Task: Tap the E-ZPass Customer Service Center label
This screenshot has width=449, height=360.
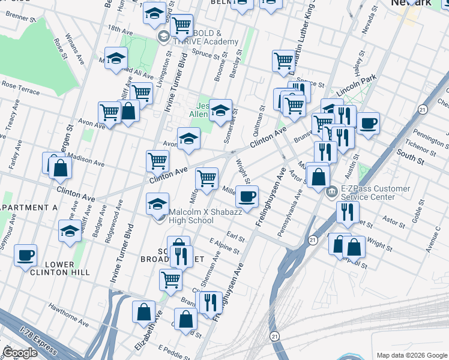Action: (376, 193)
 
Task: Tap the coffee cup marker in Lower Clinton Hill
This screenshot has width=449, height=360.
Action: (26, 256)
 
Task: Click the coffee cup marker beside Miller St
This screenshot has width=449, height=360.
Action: (247, 196)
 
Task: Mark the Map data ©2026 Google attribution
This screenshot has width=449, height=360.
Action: (411, 355)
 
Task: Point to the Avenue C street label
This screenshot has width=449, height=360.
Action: (432, 242)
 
